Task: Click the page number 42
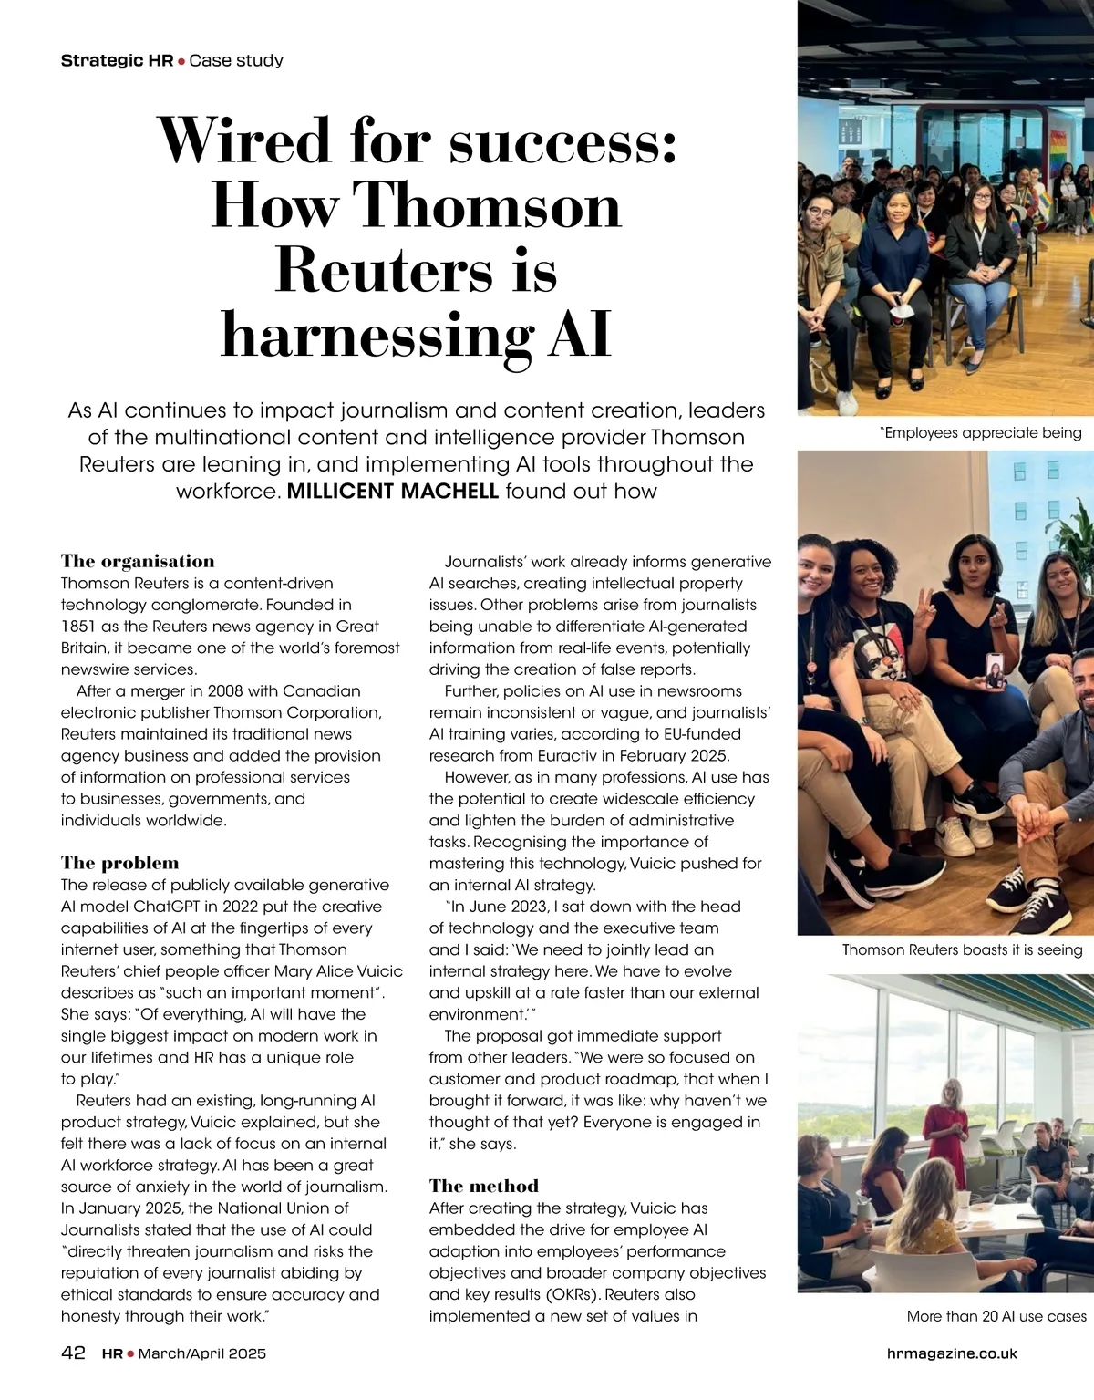click(73, 1353)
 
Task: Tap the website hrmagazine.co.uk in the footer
click(952, 1353)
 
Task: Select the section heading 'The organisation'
click(138, 561)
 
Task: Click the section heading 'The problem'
click(120, 863)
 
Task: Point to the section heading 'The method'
click(484, 1186)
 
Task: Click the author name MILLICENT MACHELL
click(392, 491)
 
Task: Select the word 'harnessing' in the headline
click(377, 335)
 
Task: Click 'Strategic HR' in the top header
click(117, 61)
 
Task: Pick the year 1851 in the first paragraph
click(78, 627)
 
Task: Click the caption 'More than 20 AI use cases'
click(996, 1316)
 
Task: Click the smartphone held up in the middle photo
click(995, 670)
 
